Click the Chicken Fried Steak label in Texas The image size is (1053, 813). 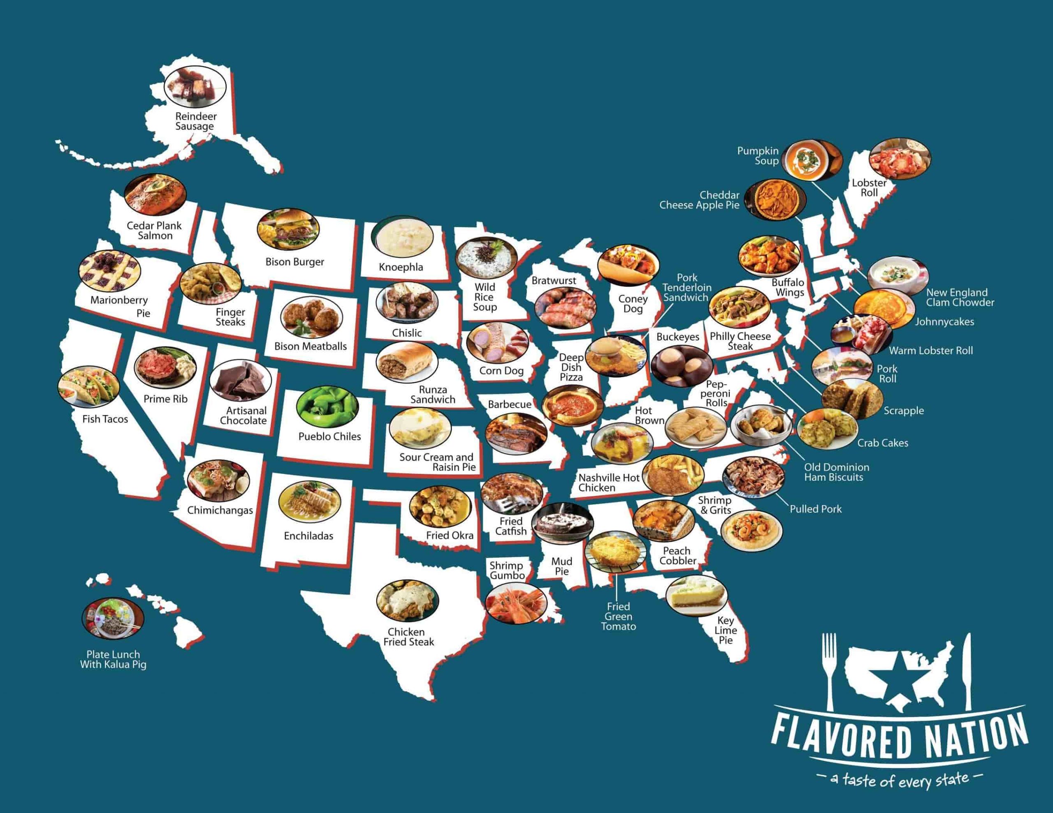408,637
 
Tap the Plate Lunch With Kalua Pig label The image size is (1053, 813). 113,659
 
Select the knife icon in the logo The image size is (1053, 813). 967,670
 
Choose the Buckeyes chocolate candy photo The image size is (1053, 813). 681,365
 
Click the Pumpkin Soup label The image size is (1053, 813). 758,156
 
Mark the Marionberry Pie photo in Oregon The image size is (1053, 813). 110,273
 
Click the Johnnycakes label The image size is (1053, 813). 944,321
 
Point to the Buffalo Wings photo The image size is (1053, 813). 768,256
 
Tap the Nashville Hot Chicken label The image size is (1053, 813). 608,483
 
